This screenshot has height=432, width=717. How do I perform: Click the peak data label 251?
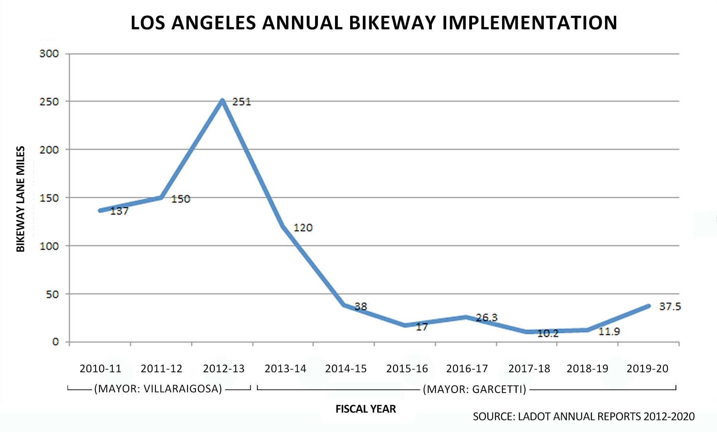(241, 102)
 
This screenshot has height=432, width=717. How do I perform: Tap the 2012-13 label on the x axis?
(223, 369)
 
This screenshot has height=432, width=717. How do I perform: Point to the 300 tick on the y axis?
(49, 54)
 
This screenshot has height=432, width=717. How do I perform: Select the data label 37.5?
(670, 307)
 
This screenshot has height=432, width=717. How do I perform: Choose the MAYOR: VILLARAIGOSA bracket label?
(158, 389)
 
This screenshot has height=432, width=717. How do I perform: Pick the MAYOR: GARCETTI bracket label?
(474, 389)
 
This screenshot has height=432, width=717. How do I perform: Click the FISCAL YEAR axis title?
(365, 409)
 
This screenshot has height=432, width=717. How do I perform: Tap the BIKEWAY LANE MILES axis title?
(21, 199)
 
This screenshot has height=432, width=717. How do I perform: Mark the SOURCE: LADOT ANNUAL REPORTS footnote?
(584, 416)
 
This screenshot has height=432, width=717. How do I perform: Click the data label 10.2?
(548, 334)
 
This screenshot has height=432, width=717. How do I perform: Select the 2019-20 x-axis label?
(647, 369)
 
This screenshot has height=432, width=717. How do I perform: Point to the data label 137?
(119, 211)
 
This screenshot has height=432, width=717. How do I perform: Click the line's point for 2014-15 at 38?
(344, 305)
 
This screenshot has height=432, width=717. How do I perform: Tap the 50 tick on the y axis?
(52, 295)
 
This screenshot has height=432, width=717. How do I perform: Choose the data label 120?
(303, 228)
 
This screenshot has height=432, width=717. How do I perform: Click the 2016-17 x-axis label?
(467, 369)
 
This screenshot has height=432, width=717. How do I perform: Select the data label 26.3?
(486, 318)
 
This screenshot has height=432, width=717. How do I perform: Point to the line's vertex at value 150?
(161, 197)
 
